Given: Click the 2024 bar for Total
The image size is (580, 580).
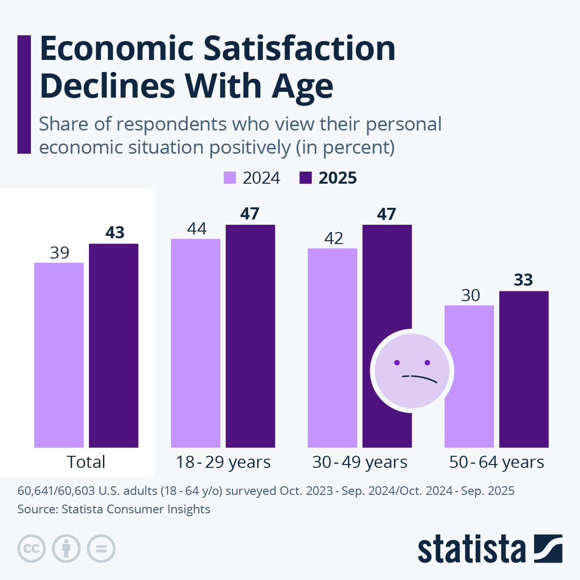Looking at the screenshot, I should point(59,355).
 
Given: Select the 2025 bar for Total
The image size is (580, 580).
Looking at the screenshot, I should point(114,346).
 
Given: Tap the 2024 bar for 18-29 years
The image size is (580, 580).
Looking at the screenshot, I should point(196,343).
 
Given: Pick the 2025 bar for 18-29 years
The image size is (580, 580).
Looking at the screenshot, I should point(250,336).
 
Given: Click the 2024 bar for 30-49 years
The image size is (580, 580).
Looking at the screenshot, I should point(333,348).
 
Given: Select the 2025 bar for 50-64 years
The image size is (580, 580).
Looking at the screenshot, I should point(524,369).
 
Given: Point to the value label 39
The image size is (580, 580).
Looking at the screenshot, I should point(59,253).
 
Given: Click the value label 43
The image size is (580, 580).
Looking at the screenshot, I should point(115,233).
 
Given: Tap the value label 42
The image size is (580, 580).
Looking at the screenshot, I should point(333,238).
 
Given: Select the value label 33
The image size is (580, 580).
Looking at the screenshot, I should point(523,280).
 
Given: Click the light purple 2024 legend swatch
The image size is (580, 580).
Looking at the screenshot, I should point(230,178).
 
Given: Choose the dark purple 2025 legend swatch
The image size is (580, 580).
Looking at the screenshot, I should point(305,178).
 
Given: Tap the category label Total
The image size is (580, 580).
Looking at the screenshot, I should point(86,462).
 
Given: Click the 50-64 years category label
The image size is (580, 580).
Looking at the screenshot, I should point(496,462).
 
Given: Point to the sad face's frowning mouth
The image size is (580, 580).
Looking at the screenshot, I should point(419,377).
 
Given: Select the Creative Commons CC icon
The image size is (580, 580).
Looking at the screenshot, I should point(31,549).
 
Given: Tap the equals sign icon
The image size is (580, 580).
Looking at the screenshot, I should point(101,549).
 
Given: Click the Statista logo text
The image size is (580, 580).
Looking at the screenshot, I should point(471,549).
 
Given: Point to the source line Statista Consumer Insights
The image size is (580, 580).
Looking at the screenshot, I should point(114,509).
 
